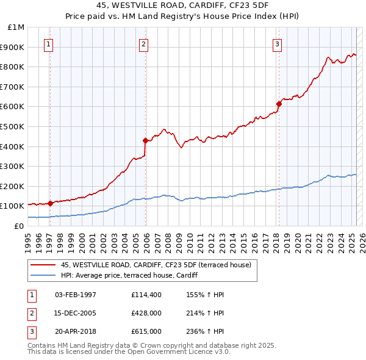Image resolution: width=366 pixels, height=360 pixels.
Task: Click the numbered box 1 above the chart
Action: [x=48, y=44]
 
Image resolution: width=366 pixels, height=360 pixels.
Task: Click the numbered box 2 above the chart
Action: [x=143, y=44]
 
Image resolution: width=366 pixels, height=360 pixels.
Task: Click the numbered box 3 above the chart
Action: [x=277, y=44]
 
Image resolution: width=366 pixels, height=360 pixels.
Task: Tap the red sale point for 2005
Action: [x=146, y=140]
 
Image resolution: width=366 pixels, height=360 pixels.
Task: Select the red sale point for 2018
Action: [x=279, y=104]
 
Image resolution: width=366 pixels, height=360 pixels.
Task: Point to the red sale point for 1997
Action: [x=50, y=203]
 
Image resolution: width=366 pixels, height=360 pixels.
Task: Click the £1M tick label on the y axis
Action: [x=16, y=27]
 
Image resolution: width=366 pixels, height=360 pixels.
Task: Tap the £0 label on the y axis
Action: [x=20, y=226]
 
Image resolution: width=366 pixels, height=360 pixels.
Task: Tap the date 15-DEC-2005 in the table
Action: [x=76, y=313]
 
